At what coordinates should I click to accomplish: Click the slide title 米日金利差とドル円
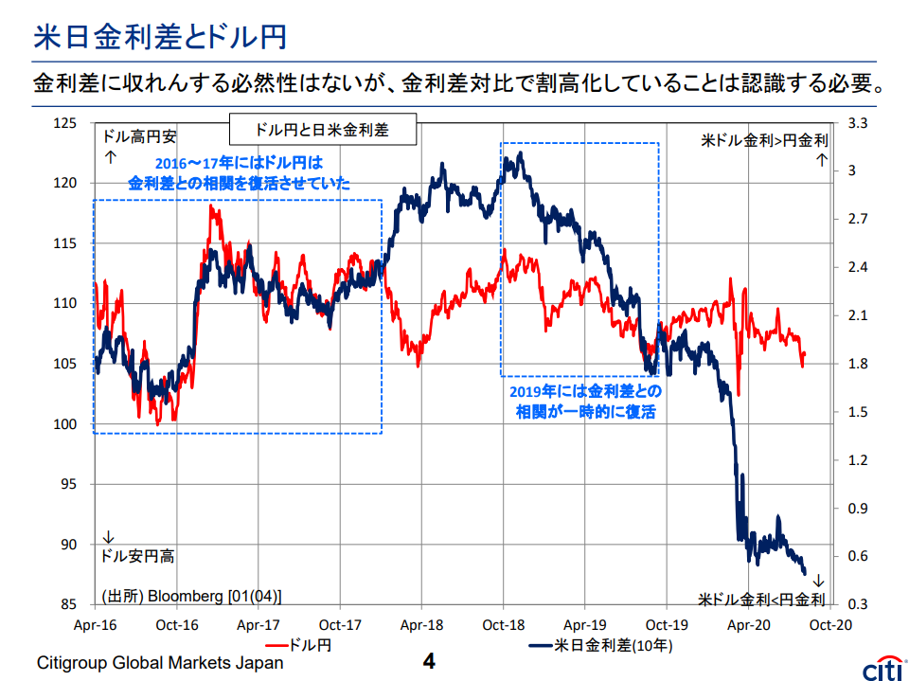(160, 37)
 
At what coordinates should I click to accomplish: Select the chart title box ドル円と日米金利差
(322, 128)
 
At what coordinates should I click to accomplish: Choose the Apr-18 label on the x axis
(421, 625)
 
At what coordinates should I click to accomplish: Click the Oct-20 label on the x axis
(829, 625)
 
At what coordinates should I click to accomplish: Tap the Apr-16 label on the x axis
(96, 625)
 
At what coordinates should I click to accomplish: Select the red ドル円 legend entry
(289, 645)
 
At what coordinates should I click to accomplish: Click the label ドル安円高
(137, 556)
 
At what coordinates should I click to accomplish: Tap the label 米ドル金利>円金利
(764, 139)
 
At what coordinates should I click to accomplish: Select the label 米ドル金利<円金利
(761, 600)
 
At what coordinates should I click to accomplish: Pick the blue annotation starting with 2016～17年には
(239, 173)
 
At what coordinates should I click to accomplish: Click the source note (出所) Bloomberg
(191, 596)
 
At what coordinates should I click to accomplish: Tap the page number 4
(427, 660)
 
